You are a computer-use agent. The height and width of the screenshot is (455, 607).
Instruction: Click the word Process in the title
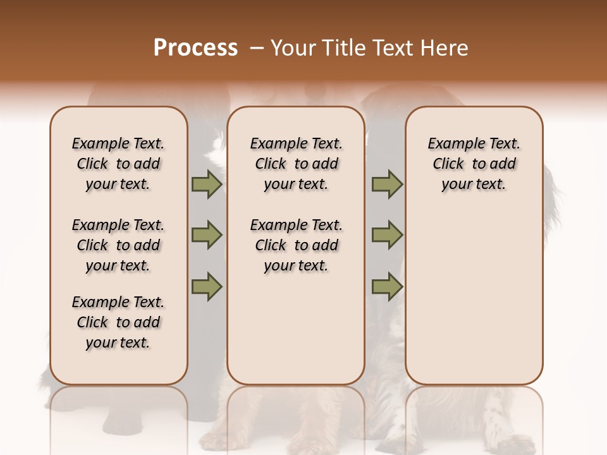click(x=195, y=48)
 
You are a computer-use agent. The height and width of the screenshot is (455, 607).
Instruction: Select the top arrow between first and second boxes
click(x=206, y=185)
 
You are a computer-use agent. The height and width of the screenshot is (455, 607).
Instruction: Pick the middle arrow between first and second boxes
click(x=206, y=235)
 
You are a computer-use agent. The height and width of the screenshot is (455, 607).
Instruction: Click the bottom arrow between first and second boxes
click(x=206, y=286)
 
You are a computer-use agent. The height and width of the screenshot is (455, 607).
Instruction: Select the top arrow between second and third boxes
click(x=387, y=185)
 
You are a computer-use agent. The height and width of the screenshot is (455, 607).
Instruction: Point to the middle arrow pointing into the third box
click(x=387, y=235)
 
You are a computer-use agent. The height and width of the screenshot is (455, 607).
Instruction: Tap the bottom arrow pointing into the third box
click(x=387, y=286)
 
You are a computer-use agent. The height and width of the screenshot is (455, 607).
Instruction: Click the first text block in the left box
click(x=118, y=164)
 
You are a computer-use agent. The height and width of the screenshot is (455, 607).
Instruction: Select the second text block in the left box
click(x=118, y=245)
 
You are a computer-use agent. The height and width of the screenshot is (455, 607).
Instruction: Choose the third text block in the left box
click(x=118, y=322)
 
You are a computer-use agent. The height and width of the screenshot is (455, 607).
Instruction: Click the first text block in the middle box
click(x=296, y=164)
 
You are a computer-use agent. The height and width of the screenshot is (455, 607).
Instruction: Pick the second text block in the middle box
click(x=296, y=245)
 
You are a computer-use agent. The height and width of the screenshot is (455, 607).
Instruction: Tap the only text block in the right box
click(x=474, y=164)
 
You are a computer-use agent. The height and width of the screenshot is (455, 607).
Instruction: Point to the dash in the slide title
click(x=257, y=48)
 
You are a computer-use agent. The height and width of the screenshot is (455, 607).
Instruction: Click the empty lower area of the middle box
click(x=296, y=329)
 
